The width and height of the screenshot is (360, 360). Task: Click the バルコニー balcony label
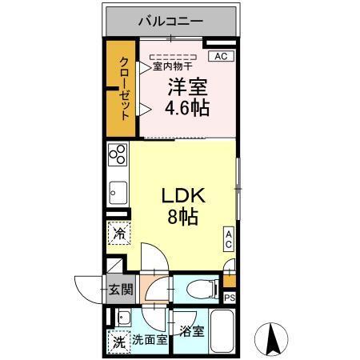(170, 20)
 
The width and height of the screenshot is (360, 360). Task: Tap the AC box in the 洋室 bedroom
(222, 56)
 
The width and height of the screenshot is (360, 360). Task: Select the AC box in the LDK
(228, 238)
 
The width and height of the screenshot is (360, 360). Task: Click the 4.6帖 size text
(188, 107)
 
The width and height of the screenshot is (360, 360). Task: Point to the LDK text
(186, 196)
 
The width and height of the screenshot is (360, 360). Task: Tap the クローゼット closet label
(125, 88)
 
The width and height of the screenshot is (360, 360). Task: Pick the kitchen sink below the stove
(118, 192)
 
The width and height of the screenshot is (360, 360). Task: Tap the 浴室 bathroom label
(192, 330)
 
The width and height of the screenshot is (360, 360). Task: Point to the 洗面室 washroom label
(150, 340)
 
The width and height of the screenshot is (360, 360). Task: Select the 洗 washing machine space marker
(117, 340)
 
